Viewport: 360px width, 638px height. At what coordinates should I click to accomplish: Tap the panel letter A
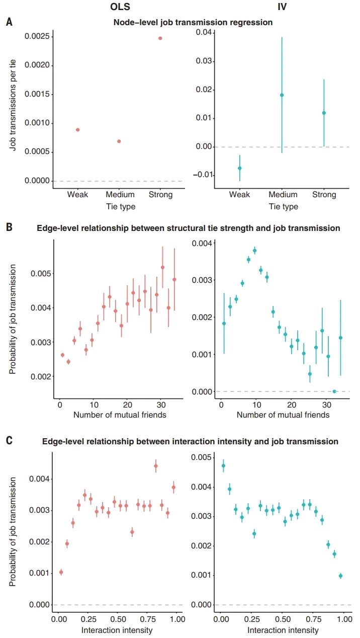[x=9, y=22]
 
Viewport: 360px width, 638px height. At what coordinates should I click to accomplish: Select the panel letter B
[x=9, y=227]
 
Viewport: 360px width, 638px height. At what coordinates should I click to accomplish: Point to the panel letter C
[x=9, y=441]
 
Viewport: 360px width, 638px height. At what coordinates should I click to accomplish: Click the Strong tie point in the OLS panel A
[x=160, y=38]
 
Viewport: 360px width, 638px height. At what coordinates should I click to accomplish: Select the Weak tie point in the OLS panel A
[x=78, y=130]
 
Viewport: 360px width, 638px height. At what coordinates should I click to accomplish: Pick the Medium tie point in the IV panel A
[x=282, y=95]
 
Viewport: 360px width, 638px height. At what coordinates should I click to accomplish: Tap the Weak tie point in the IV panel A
[x=240, y=168]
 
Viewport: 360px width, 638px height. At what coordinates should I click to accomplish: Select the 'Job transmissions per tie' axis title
[x=14, y=106]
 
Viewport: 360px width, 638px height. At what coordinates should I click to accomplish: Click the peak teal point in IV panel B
[x=254, y=250]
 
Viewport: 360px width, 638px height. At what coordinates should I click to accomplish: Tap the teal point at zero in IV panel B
[x=334, y=391]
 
